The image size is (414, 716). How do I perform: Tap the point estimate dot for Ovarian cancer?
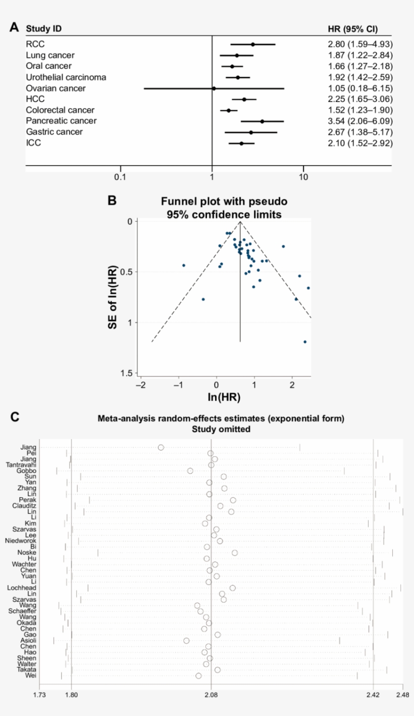tap(214, 88)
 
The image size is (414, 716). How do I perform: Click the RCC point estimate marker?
tap(253, 44)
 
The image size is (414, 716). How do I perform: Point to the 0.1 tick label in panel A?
tap(120, 178)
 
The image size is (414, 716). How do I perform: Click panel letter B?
tap(112, 200)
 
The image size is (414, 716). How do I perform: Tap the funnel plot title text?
tap(224, 208)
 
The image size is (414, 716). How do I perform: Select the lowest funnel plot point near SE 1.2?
tap(305, 342)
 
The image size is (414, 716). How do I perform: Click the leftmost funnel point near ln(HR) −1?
tap(184, 265)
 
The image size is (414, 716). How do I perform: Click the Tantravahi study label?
tap(21, 465)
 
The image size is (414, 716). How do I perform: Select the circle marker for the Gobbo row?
tap(190, 471)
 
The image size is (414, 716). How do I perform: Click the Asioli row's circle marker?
tap(186, 640)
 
